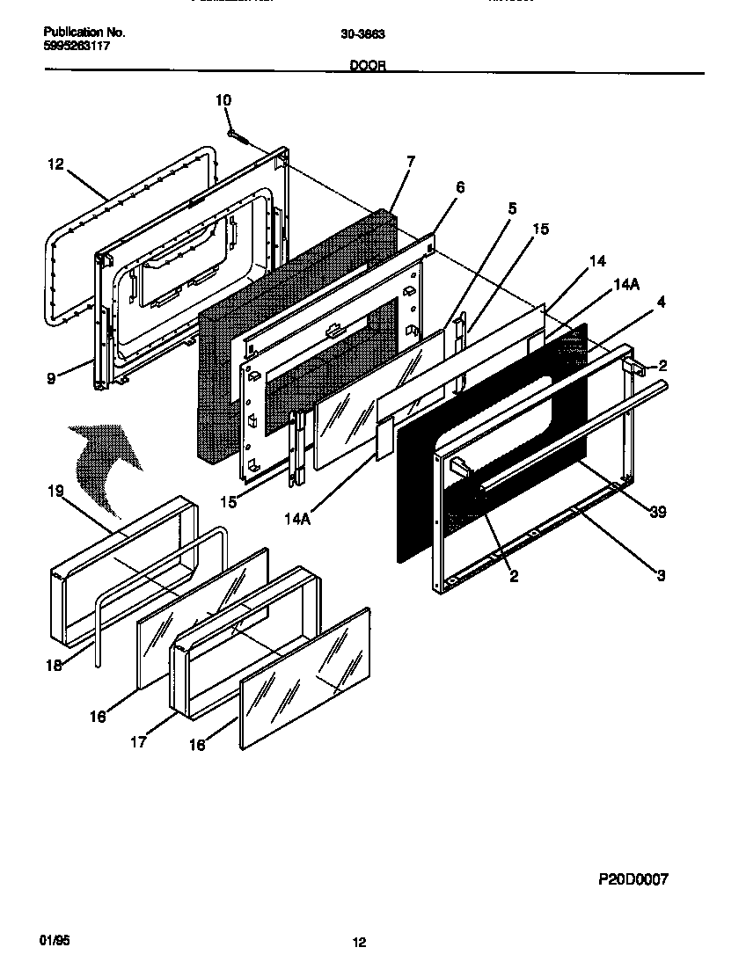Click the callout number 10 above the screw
click(x=223, y=100)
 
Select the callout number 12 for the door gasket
click(x=56, y=164)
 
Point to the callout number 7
click(x=410, y=161)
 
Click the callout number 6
click(x=460, y=187)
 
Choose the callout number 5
click(x=512, y=209)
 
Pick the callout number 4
click(x=661, y=302)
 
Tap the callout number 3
click(x=660, y=576)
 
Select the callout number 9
click(x=51, y=378)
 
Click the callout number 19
click(x=55, y=491)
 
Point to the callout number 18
click(x=55, y=666)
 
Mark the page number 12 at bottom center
click(x=359, y=943)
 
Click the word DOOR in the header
click(x=368, y=65)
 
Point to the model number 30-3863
click(x=362, y=34)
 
